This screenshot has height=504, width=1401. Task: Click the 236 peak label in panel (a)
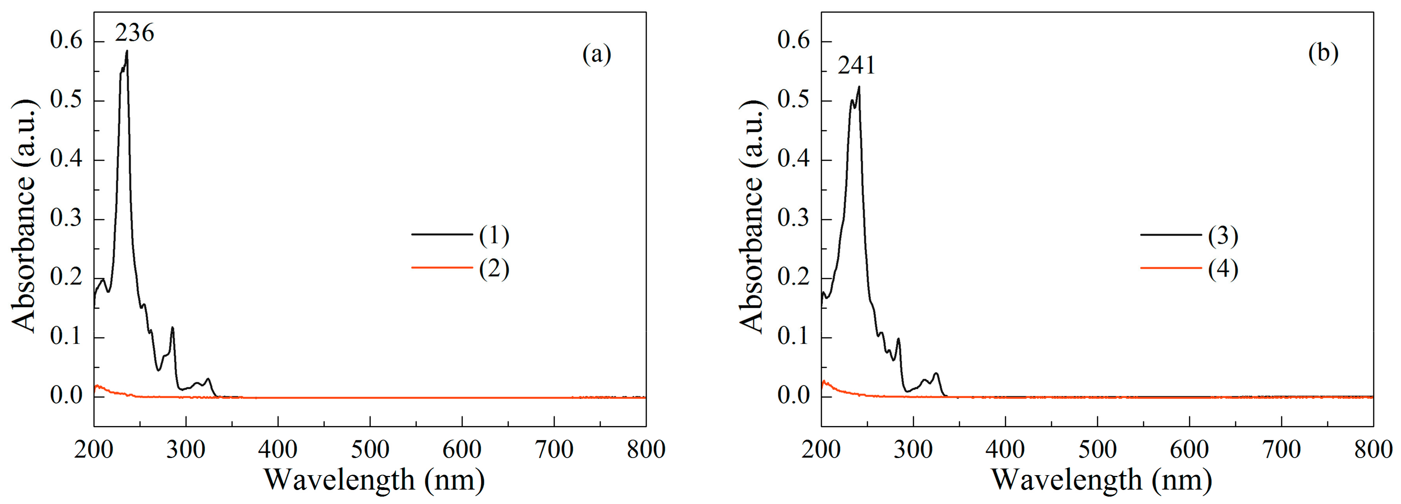pos(134,33)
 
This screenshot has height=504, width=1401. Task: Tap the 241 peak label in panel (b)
pos(856,66)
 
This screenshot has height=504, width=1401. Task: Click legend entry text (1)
pos(494,235)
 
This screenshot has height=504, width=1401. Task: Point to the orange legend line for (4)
pos(1170,268)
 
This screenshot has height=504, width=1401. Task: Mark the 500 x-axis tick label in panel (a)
pos(370,450)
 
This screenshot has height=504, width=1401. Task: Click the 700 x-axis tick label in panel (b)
pos(1281,450)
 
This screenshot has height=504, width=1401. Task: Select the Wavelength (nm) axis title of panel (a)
pos(374,479)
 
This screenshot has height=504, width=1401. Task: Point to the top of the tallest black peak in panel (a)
pos(127,51)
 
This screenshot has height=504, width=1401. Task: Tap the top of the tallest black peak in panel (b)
pos(859,87)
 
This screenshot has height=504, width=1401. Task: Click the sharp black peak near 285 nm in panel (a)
pos(172,328)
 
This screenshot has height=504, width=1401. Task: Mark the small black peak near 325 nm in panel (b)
pos(936,374)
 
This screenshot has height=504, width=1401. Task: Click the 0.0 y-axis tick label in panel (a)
pos(66,396)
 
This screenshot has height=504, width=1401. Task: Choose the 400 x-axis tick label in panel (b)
pos(1005,450)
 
